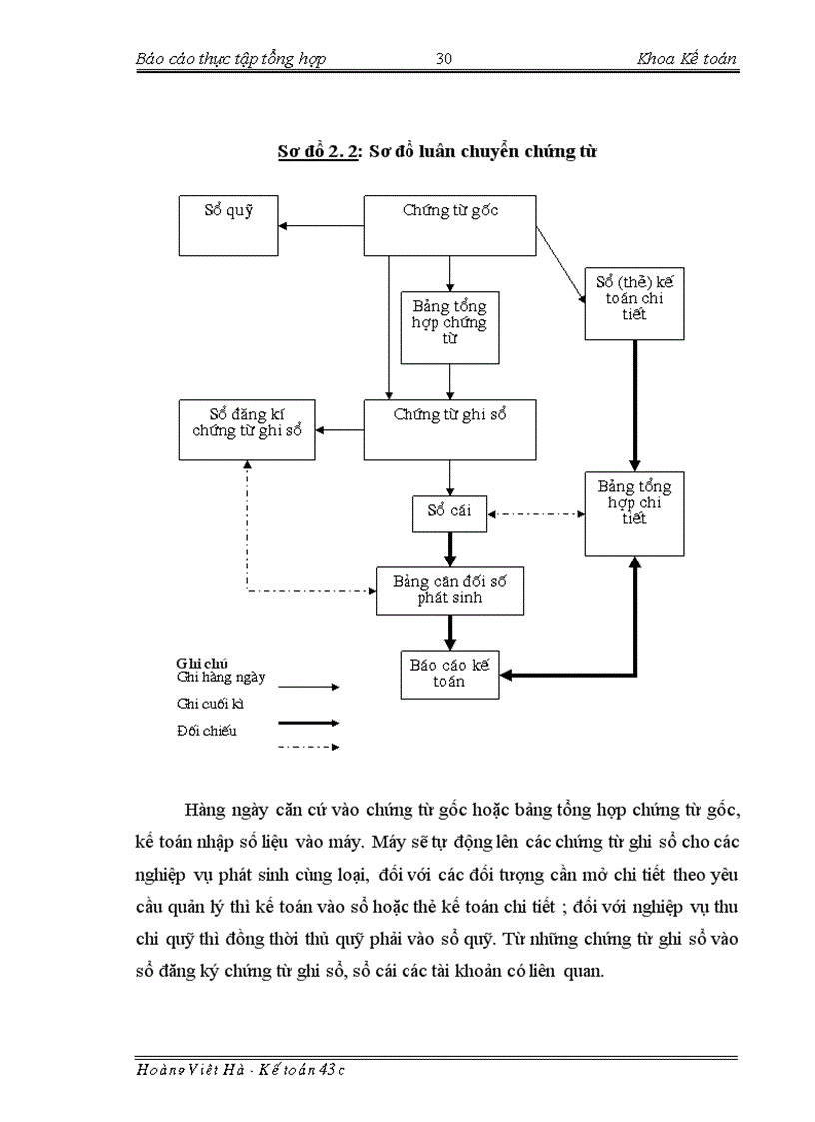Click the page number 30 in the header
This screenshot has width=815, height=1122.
pos(445,58)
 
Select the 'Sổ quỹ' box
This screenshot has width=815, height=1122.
pos(228,225)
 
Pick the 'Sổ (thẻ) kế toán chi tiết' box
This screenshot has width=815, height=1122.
pos(634,302)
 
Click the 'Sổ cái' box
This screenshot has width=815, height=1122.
pos(449,513)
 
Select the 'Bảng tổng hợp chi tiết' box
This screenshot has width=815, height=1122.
pos(634,513)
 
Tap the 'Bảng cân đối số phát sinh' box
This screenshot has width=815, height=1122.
pos(449,590)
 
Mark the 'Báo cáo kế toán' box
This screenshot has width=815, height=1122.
pos(449,676)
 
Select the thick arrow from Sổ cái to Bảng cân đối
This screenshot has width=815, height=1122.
pos(450,549)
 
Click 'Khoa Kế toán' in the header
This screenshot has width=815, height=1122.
pos(687,58)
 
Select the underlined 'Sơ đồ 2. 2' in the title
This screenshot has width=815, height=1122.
pos(318,152)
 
